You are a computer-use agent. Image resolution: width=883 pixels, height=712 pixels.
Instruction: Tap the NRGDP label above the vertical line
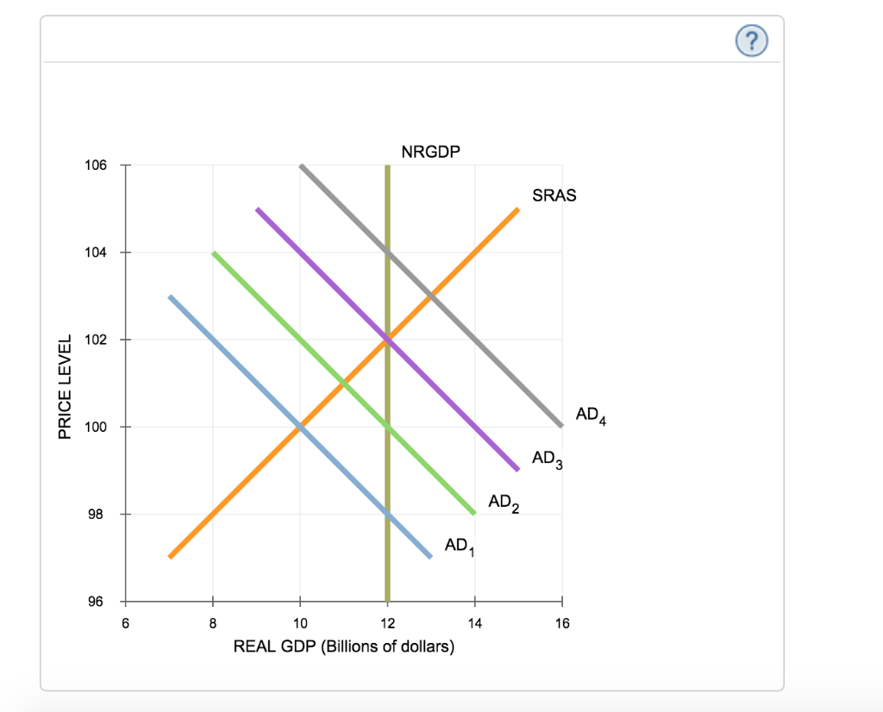click(x=431, y=153)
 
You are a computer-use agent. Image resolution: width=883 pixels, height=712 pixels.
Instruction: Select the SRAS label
click(x=554, y=196)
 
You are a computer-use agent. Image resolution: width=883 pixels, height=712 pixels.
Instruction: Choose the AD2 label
click(x=504, y=502)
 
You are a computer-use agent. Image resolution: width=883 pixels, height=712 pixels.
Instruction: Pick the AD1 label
click(x=460, y=546)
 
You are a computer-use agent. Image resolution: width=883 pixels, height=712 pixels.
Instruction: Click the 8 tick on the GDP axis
click(x=213, y=623)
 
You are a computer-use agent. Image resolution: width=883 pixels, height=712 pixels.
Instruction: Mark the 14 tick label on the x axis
click(x=474, y=623)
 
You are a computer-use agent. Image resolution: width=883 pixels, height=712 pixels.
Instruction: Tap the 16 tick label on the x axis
click(x=562, y=623)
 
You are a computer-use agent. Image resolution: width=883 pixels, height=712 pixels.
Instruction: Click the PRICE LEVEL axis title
click(x=64, y=384)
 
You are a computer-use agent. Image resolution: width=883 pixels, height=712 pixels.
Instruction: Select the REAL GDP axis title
click(x=343, y=646)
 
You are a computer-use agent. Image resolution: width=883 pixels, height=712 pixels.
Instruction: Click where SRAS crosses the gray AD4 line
click(x=431, y=296)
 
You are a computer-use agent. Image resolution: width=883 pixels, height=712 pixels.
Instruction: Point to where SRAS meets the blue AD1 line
click(x=300, y=427)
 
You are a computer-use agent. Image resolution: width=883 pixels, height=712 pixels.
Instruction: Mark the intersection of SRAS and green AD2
click(x=344, y=383)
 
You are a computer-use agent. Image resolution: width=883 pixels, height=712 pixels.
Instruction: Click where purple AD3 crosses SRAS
click(x=387, y=340)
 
